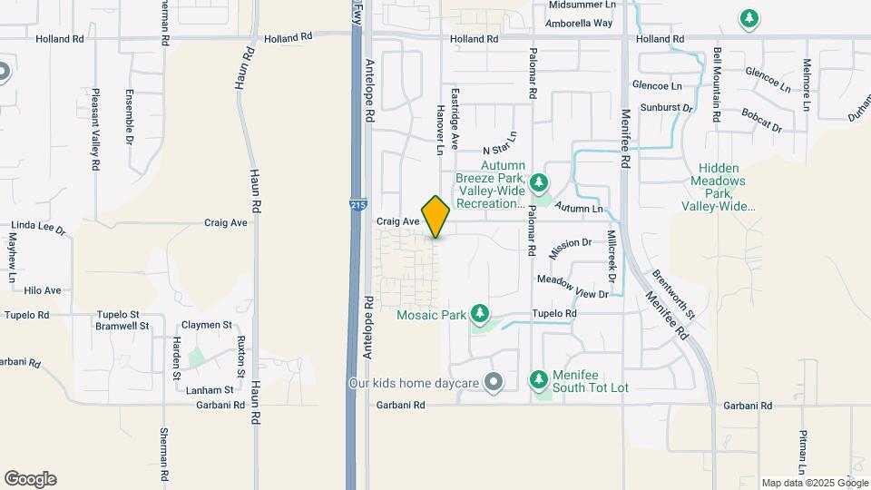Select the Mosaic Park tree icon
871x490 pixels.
(x=480, y=315)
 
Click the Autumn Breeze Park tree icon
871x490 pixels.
(x=540, y=183)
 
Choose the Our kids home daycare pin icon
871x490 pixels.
(x=493, y=383)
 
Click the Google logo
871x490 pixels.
(x=30, y=479)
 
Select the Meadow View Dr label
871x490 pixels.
(x=572, y=287)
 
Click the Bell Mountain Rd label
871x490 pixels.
(x=717, y=85)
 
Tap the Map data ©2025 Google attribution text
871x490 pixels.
(x=814, y=483)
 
